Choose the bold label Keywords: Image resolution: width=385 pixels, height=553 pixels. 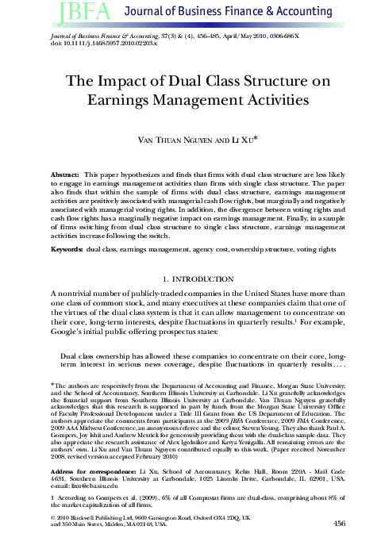67,249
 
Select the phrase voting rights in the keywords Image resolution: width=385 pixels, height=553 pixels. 324,249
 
